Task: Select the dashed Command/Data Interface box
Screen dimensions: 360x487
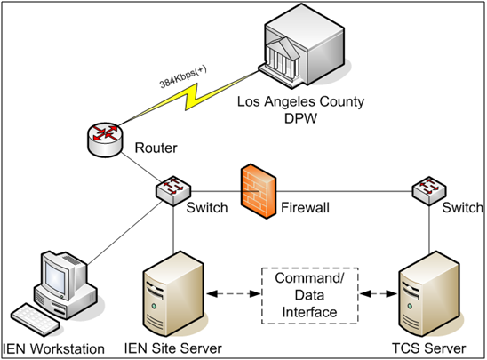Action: click(301, 292)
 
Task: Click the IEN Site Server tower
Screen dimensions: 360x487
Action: click(172, 290)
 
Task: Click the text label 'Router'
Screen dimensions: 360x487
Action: click(156, 149)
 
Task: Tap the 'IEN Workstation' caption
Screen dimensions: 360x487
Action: click(54, 348)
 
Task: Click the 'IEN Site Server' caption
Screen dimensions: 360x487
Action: click(172, 348)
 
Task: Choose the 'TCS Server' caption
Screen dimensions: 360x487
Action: click(424, 348)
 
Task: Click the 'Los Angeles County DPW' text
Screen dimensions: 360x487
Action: click(300, 109)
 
